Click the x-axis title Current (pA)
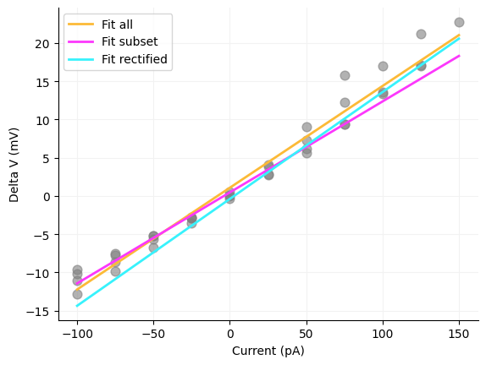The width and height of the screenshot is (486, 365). tap(268, 351)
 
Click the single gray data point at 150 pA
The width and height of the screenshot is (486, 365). tap(459, 22)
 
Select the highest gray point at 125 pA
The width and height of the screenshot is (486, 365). tap(421, 34)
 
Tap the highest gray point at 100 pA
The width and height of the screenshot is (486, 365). tap(383, 66)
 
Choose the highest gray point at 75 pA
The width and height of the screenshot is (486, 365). tap(345, 75)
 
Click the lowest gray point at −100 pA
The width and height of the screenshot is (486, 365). tap(77, 294)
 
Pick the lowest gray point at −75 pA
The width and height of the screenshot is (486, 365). tap(115, 271)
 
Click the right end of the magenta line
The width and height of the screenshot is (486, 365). tap(459, 56)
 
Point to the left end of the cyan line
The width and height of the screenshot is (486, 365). tap(77, 306)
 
